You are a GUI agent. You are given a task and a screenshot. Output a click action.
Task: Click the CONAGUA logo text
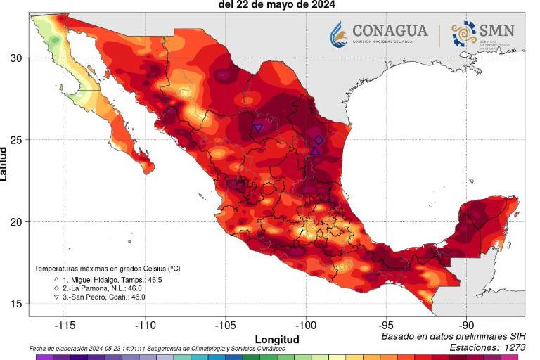point(390,31)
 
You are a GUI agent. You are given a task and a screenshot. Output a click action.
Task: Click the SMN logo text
point(496,31)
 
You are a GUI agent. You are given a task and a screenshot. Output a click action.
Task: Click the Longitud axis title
point(276,340)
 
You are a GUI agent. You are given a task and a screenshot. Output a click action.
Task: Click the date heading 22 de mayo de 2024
point(276,4)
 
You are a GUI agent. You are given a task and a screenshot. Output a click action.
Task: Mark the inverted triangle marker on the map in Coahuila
point(258,128)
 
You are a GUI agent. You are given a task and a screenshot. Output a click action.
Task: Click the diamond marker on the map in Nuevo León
point(319,140)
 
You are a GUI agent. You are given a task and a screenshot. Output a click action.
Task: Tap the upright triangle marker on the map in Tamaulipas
point(315,150)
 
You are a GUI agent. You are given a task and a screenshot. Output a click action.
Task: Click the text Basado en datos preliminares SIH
point(453,337)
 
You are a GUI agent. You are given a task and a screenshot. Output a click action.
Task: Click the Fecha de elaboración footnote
point(157,349)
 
